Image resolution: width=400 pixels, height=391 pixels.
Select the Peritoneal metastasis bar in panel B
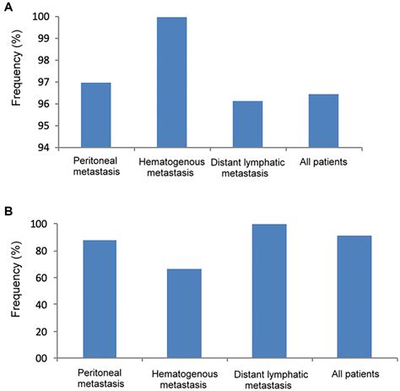tap(99, 299)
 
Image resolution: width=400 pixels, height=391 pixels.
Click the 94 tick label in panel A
tap(41, 148)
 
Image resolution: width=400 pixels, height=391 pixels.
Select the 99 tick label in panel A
tap(41, 39)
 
